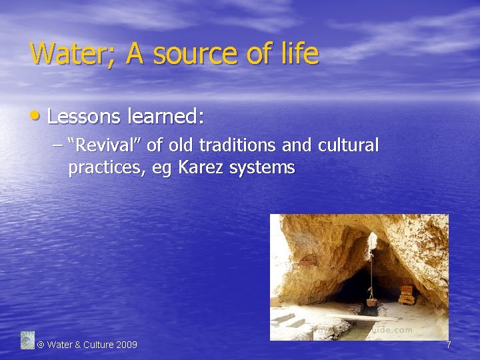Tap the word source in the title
(186, 54)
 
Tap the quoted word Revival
(107, 145)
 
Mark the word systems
(262, 168)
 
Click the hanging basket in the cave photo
(371, 301)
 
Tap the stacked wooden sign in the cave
(405, 294)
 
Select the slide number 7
(449, 345)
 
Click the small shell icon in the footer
(27, 340)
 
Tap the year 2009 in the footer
(127, 345)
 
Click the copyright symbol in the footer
(41, 345)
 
